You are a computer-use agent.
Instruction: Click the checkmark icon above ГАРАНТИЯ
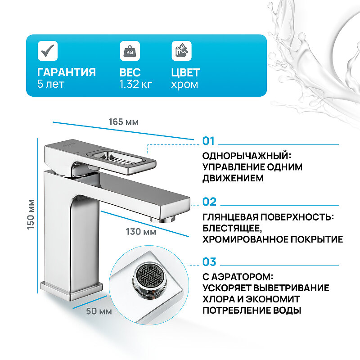click(46, 50)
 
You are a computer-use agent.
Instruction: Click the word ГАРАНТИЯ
click(67, 72)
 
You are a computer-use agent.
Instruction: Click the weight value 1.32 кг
click(136, 84)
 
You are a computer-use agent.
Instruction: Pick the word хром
click(184, 84)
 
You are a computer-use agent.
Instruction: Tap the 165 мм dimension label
click(123, 122)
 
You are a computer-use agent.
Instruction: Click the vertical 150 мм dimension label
click(31, 214)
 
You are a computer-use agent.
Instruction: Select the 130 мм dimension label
click(140, 232)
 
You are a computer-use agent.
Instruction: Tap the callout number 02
click(209, 202)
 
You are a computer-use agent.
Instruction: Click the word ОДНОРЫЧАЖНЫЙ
click(245, 156)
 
